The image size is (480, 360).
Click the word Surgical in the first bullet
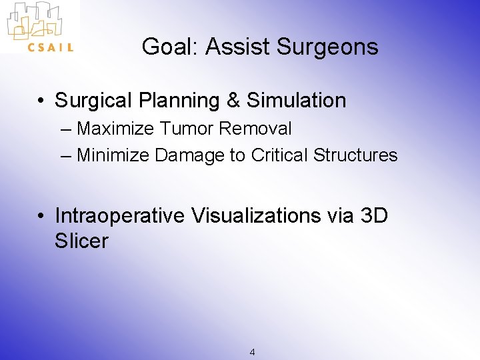(x=93, y=101)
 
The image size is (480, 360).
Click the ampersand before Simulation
(x=233, y=101)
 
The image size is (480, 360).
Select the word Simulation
(x=296, y=101)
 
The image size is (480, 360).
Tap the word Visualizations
(x=256, y=216)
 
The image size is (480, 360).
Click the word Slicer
(x=81, y=241)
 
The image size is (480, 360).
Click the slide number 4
(x=251, y=352)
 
